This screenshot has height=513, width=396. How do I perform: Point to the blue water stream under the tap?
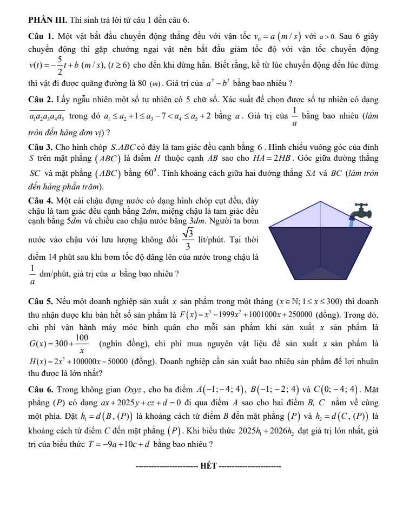(351, 222)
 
